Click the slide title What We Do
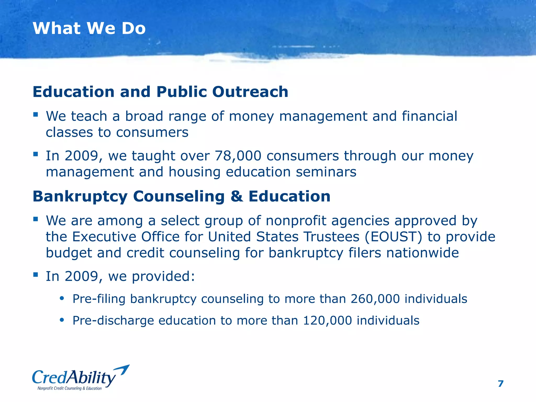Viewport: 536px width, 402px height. pos(89,28)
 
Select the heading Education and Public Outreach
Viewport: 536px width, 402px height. pos(160,92)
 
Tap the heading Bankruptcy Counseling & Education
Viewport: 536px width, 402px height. pos(181,196)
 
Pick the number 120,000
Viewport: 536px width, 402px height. pos(327,321)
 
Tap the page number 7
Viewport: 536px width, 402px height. pos(500,384)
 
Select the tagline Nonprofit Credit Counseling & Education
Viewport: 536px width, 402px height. pos(69,388)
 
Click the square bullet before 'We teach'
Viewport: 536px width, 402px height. pos(36,114)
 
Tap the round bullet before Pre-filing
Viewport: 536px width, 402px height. pos(62,298)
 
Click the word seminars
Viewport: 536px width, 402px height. pos(326,172)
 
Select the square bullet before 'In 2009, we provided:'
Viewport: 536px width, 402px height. pos(36,275)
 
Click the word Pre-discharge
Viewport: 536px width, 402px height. pos(113,321)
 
